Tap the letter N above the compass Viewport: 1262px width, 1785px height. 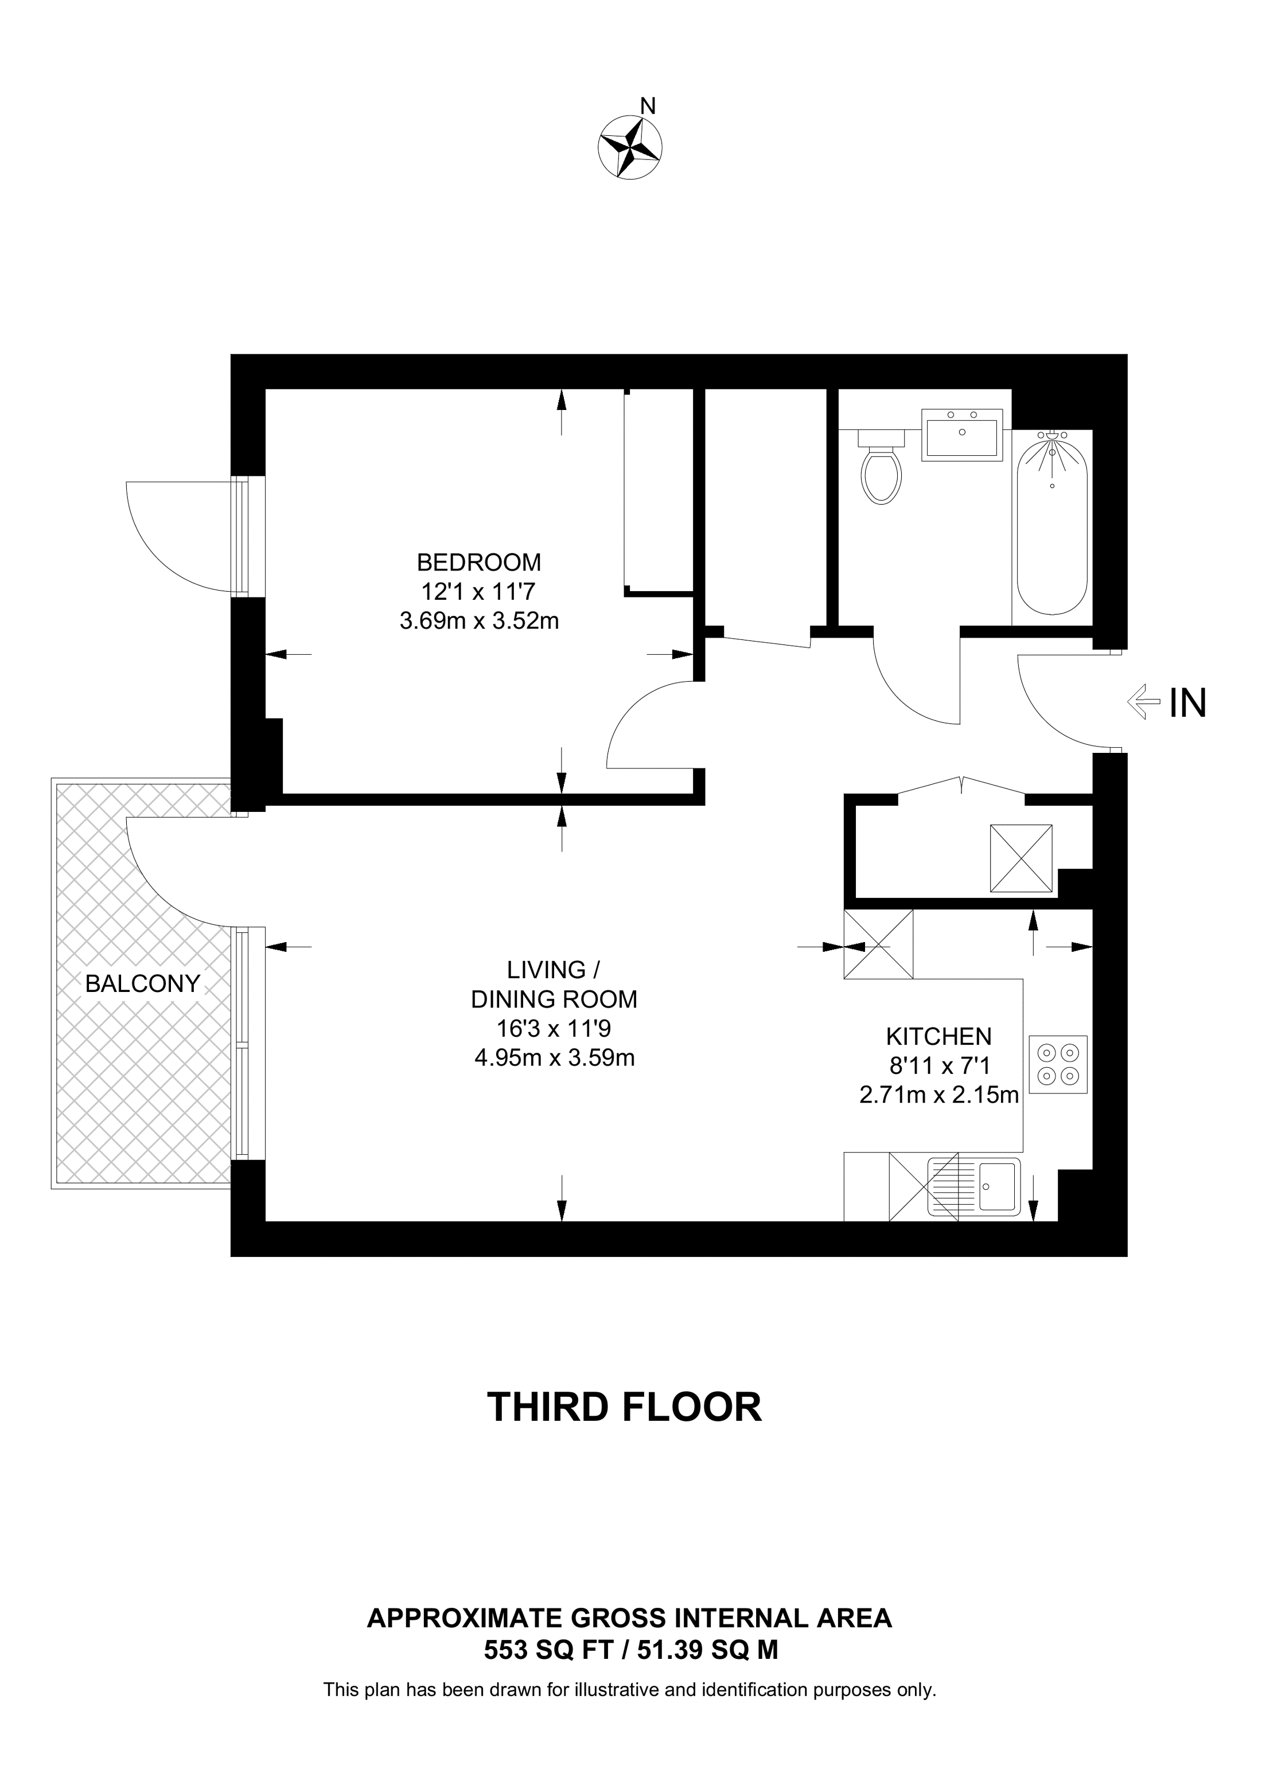(648, 106)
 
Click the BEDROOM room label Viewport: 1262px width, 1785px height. (479, 562)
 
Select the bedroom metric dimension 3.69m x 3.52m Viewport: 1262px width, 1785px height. (479, 621)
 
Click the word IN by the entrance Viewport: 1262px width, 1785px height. (1188, 704)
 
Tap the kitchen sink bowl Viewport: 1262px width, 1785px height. (998, 1187)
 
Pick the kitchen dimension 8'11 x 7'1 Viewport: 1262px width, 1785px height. (938, 1066)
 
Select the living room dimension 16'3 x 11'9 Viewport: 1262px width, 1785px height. (554, 1029)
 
